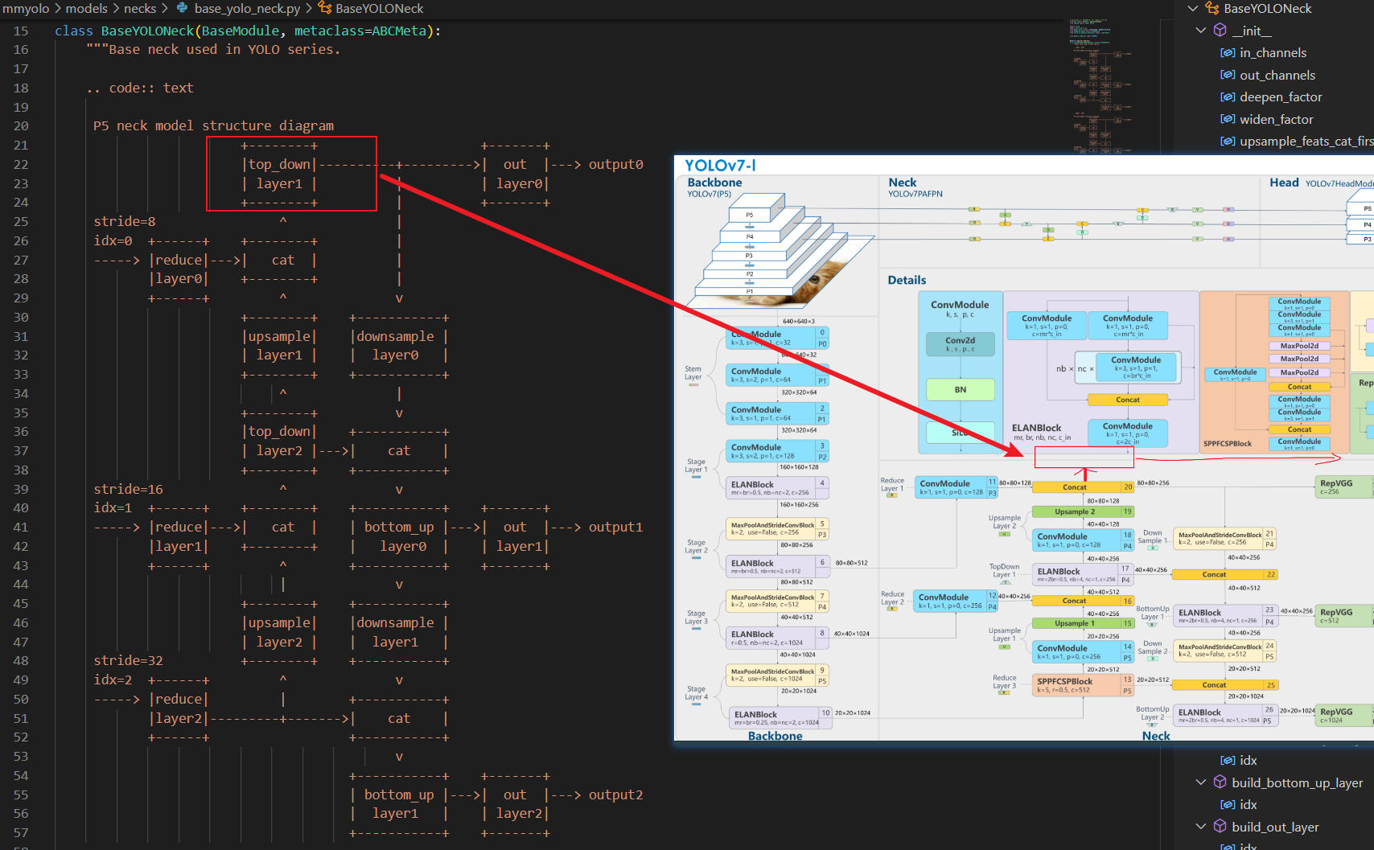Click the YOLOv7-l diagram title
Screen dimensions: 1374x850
pyautogui.click(x=720, y=166)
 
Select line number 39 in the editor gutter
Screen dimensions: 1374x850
pyautogui.click(x=21, y=489)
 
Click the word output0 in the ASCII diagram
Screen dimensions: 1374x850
pyautogui.click(x=615, y=164)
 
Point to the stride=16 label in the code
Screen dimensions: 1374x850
pyautogui.click(x=128, y=489)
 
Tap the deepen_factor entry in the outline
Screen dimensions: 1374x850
pyautogui.click(x=1281, y=97)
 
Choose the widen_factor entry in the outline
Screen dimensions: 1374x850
pyautogui.click(x=1276, y=120)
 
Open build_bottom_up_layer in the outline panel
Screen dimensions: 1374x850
pyautogui.click(x=1297, y=782)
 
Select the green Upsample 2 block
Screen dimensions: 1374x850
pyautogui.click(x=1076, y=511)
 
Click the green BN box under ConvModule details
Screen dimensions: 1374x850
pyautogui.click(x=961, y=390)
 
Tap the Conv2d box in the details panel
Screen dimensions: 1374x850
pyautogui.click(x=961, y=344)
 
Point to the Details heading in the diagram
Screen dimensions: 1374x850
pyautogui.click(x=907, y=280)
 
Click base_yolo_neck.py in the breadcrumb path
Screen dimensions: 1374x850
pyautogui.click(x=247, y=9)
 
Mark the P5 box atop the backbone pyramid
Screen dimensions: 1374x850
pyautogui.click(x=749, y=215)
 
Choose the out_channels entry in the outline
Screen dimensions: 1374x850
pyautogui.click(x=1277, y=76)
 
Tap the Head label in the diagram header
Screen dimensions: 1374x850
pyautogui.click(x=1284, y=183)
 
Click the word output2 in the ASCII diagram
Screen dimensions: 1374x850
pyautogui.click(x=615, y=795)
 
